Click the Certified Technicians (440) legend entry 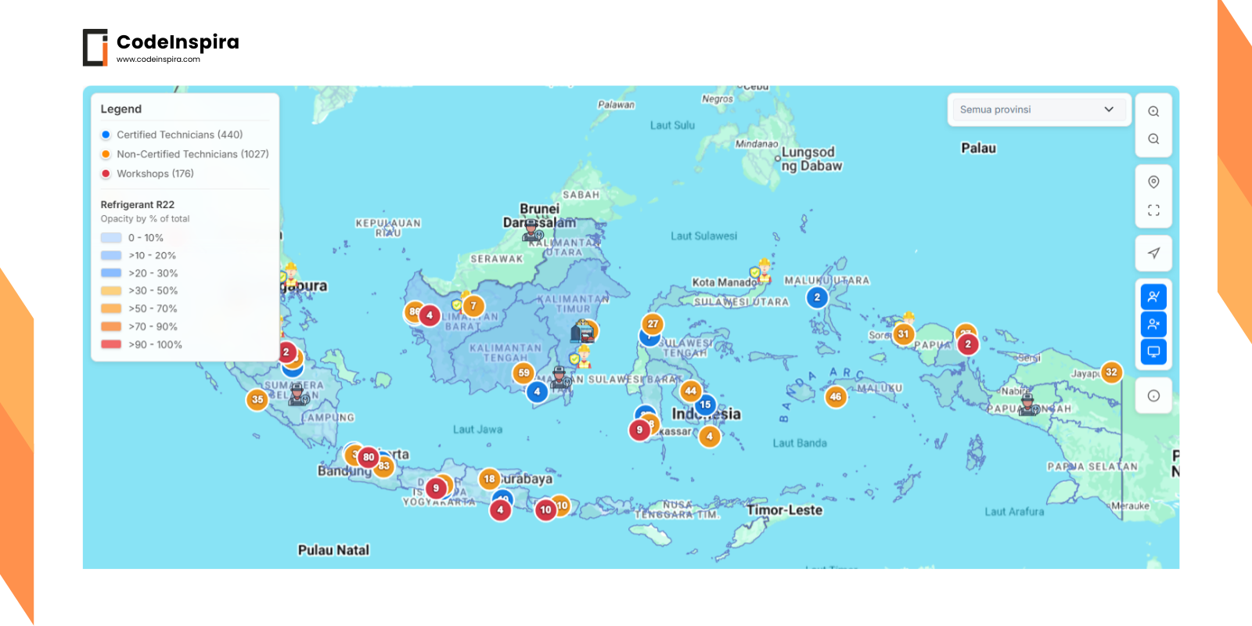click(179, 135)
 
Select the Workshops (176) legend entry click(155, 174)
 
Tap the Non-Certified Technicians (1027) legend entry click(192, 154)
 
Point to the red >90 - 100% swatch click(111, 344)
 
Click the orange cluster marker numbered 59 click(524, 373)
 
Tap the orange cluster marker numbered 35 click(257, 399)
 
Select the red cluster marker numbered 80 click(369, 457)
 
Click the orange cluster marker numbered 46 click(836, 397)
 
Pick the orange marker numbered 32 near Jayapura click(1111, 372)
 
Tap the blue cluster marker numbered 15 click(706, 405)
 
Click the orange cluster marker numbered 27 click(653, 323)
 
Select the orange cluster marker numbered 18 click(489, 478)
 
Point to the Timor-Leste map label click(784, 510)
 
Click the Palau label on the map click(978, 148)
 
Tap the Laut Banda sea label click(800, 443)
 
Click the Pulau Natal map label click(333, 550)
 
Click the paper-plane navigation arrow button click(1153, 253)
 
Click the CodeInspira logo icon click(95, 48)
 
